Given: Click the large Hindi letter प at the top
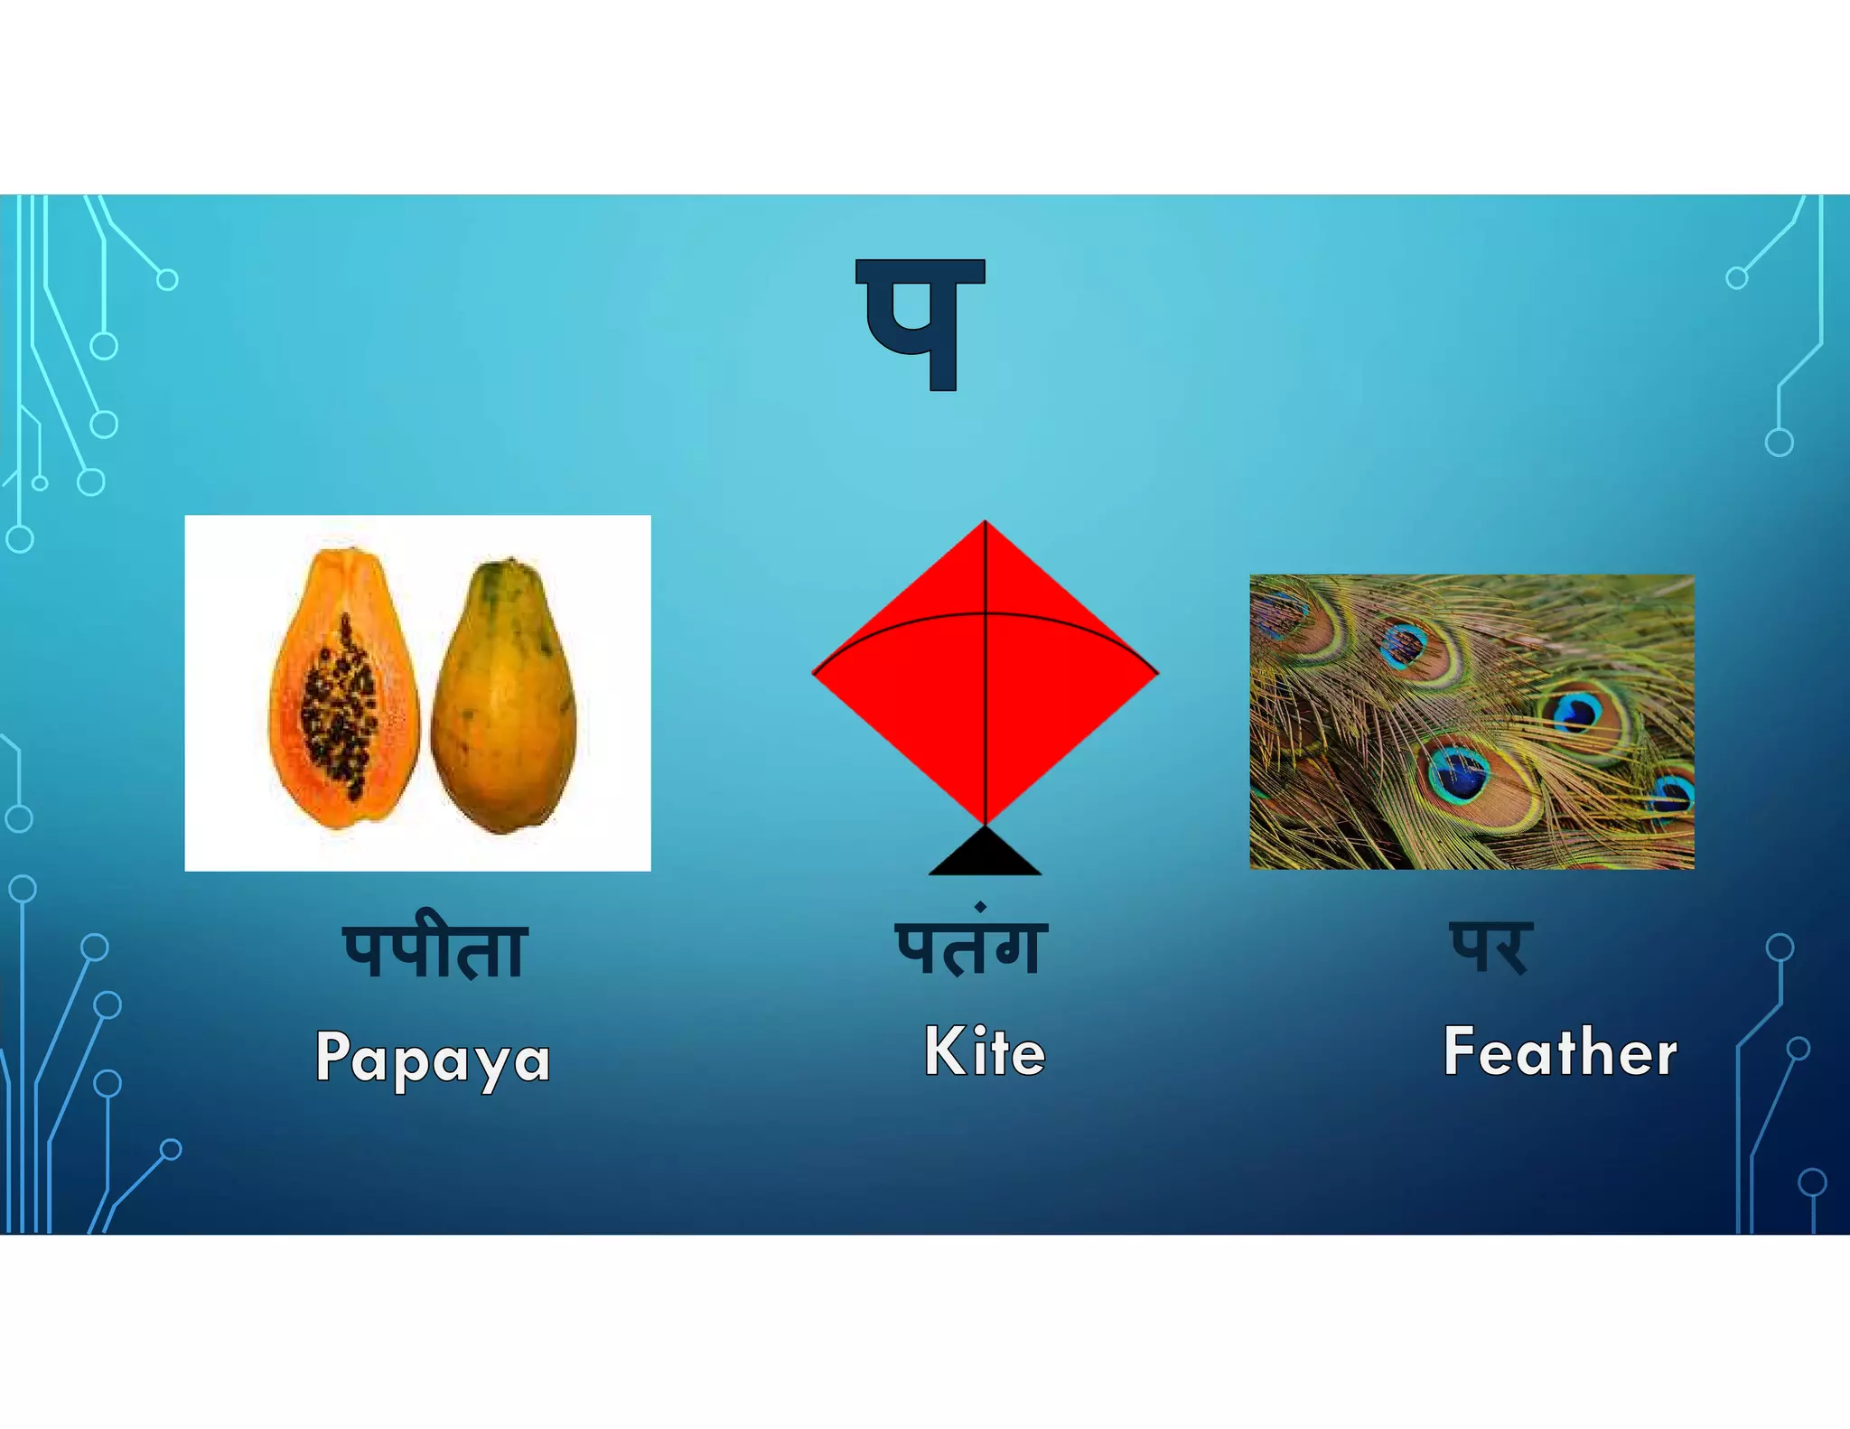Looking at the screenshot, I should point(920,323).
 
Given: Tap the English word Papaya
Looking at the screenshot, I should point(433,1057).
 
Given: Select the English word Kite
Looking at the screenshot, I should point(985,1051).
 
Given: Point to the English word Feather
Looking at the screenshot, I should point(1560,1051).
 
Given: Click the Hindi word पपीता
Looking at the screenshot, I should point(434,950).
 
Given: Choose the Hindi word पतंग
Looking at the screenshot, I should point(971,947).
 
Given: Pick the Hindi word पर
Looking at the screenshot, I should point(1489,947).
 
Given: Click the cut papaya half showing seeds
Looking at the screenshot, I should point(343,691).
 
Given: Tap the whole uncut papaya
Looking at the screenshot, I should point(502,696).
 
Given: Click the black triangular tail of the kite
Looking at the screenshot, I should point(985,855).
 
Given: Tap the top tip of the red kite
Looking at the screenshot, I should point(985,523).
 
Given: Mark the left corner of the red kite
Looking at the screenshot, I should point(816,673).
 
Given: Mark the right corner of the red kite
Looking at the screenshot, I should point(1155,672).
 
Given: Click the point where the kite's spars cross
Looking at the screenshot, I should point(985,614).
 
